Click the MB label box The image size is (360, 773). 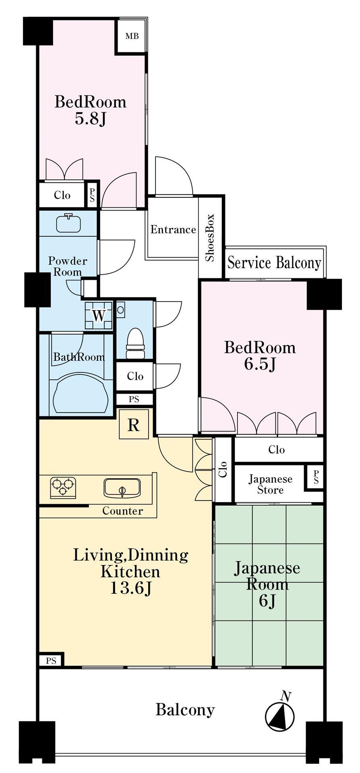[x=132, y=36]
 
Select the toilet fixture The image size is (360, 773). [x=135, y=343]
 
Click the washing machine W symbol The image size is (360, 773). [x=99, y=316]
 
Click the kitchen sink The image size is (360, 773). [x=122, y=488]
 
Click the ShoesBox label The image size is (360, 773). [x=210, y=238]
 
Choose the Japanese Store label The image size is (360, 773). [x=270, y=484]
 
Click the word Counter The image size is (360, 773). [x=122, y=511]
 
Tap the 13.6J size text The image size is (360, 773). [x=131, y=588]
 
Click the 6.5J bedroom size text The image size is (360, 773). [x=260, y=364]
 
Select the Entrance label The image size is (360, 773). [x=173, y=229]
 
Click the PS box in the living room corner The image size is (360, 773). [x=51, y=661]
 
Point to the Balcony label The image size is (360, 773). [x=185, y=709]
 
